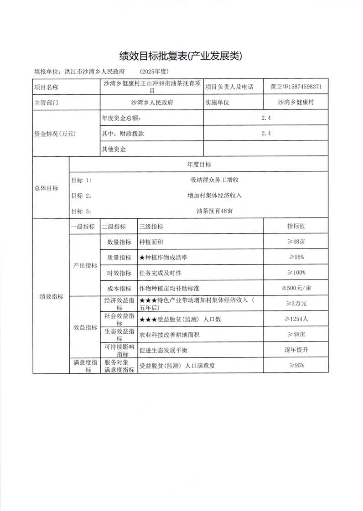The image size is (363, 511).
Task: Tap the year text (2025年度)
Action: pos(155,72)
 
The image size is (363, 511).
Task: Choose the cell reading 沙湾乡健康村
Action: pos(296,103)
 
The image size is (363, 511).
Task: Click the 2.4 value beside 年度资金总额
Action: pos(266,118)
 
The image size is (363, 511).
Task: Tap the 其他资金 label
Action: pos(114,149)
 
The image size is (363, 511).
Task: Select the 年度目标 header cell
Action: pos(198,164)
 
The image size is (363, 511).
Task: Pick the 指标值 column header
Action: pos(296,227)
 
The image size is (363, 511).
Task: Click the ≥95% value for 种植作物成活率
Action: pos(296,258)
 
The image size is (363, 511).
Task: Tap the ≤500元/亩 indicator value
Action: pos(296,288)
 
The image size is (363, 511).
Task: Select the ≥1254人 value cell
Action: pos(296,319)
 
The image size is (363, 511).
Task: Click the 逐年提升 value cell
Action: pos(296,350)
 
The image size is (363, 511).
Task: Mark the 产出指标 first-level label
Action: pos(85,265)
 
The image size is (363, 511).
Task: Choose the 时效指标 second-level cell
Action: pos(119,273)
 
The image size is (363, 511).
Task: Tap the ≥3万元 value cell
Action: pos(296,304)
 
